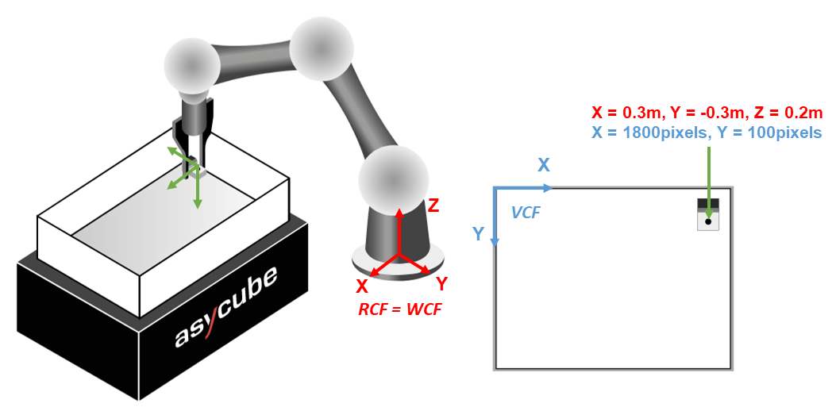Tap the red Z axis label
[x=433, y=205]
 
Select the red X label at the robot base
[x=362, y=285]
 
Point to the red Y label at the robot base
[x=442, y=282]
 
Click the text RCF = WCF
[x=400, y=309]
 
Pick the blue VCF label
[x=526, y=212]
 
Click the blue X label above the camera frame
[x=544, y=165]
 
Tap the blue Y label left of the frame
[x=479, y=233]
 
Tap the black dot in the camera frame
[x=708, y=221]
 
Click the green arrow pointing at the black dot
[x=708, y=171]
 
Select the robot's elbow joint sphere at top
[x=321, y=48]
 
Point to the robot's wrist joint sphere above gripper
[x=192, y=67]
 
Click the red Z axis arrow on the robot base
[x=399, y=230]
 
